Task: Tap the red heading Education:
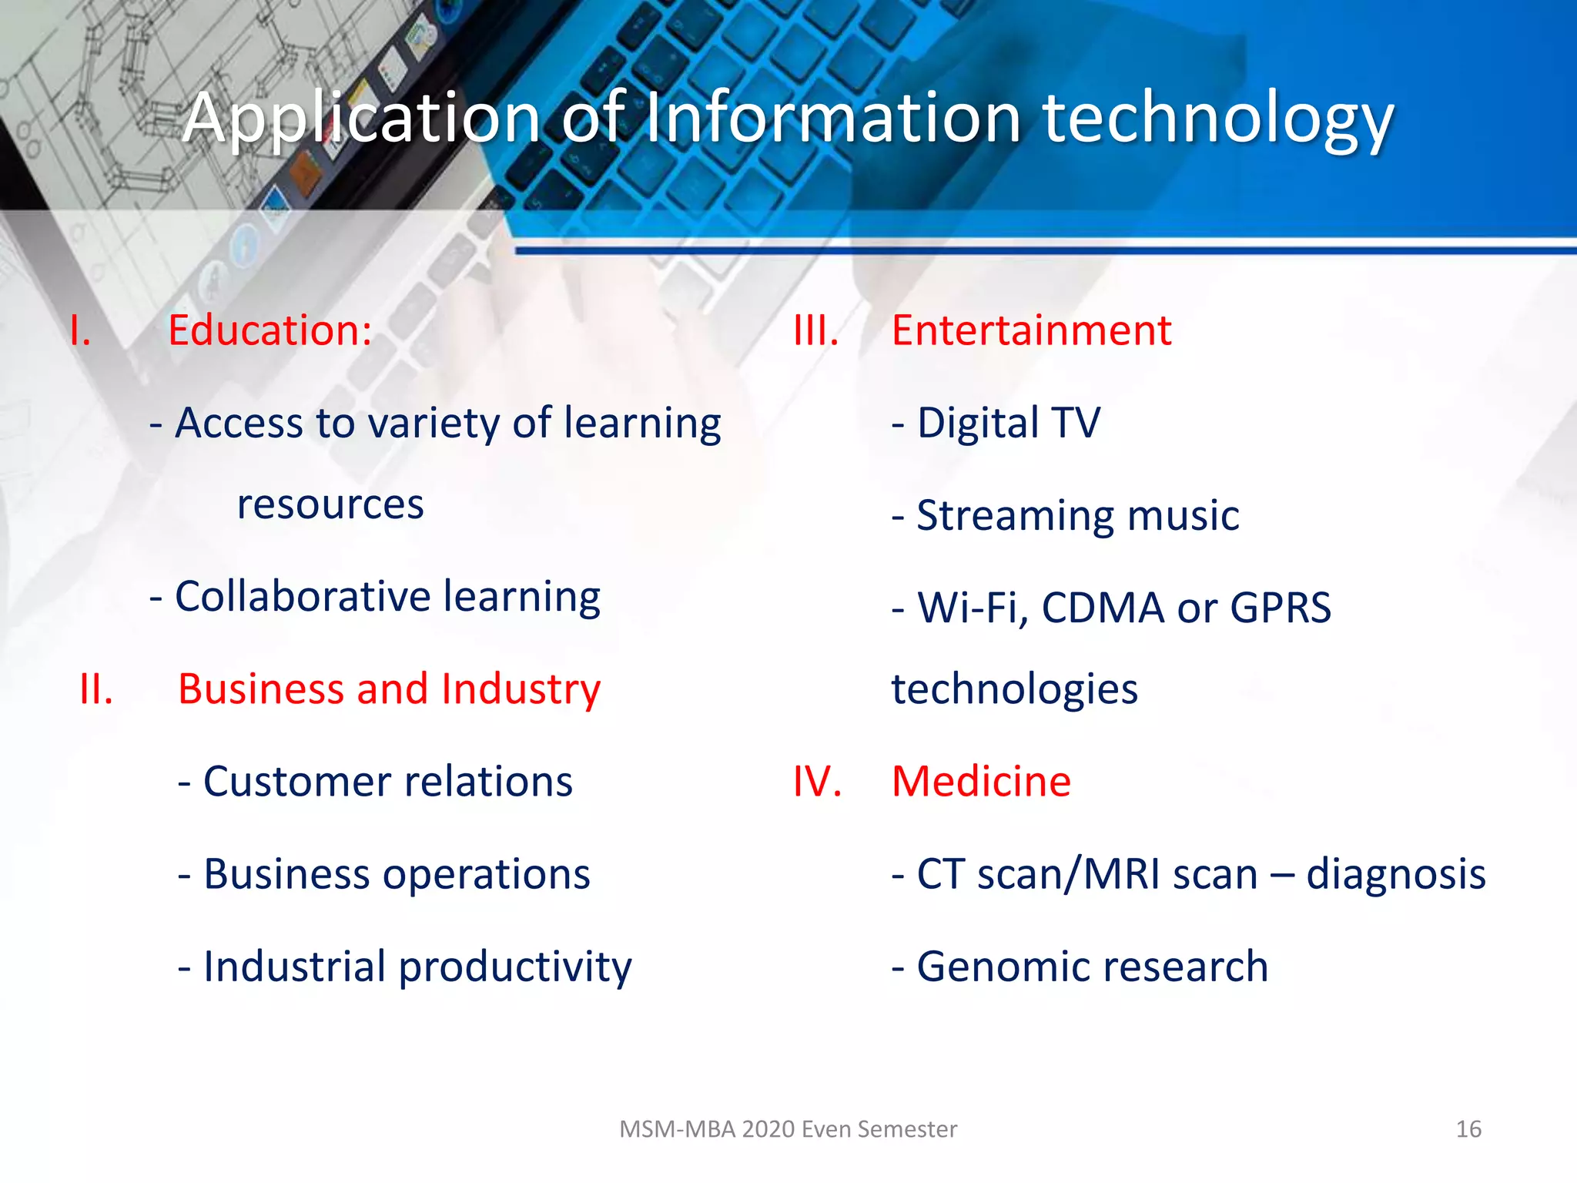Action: coord(270,330)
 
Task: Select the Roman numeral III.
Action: coord(815,330)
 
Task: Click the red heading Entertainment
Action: coord(1031,330)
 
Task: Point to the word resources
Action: coord(330,505)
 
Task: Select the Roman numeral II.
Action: coord(96,689)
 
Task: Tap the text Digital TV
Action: coord(1009,423)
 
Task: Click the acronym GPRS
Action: coord(1281,608)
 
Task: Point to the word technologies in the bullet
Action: coord(1014,689)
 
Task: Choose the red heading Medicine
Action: coord(981,782)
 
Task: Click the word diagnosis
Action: coord(1395,875)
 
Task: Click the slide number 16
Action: coord(1468,1129)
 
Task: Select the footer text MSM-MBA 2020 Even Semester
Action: coord(788,1129)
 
